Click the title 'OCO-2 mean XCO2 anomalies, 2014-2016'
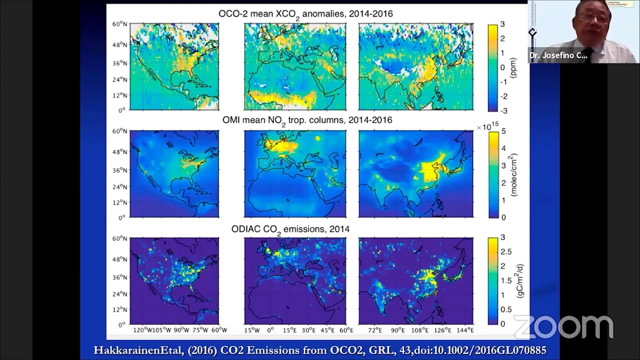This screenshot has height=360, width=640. (305, 14)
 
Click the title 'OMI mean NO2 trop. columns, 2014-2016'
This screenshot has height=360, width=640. (307, 120)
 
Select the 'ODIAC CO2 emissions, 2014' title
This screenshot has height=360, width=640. (290, 229)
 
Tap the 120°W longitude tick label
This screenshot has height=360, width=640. (141, 330)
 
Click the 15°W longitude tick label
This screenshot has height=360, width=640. (251, 330)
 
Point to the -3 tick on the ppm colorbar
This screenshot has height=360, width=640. (502, 110)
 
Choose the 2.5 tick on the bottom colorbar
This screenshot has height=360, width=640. (506, 251)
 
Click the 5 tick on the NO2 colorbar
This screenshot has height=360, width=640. (503, 131)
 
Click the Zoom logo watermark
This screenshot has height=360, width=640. (563, 326)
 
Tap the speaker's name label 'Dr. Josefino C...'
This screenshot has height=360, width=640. (558, 55)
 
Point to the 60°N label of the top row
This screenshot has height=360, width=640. (118, 24)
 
